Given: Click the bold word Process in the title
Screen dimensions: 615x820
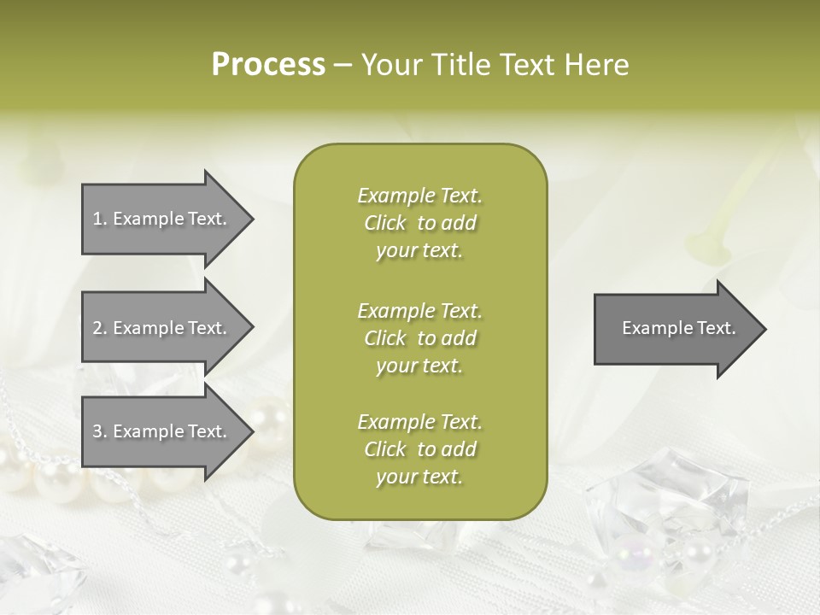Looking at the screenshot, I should click(x=268, y=65).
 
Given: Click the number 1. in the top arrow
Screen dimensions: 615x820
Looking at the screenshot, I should click(x=100, y=219).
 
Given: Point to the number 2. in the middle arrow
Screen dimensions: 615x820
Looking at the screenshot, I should click(x=100, y=328).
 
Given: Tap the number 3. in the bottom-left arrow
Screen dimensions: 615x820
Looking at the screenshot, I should click(x=100, y=431).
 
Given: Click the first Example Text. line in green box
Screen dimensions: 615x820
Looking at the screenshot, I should click(x=419, y=196).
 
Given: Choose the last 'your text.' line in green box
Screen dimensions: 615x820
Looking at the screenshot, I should click(x=419, y=477).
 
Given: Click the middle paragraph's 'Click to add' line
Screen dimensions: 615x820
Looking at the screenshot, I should click(x=419, y=338).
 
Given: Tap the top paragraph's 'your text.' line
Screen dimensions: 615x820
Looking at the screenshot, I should click(x=419, y=251).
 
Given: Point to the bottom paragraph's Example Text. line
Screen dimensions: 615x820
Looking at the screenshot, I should click(x=419, y=422).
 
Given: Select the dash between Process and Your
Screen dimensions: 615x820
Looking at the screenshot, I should click(x=343, y=65).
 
